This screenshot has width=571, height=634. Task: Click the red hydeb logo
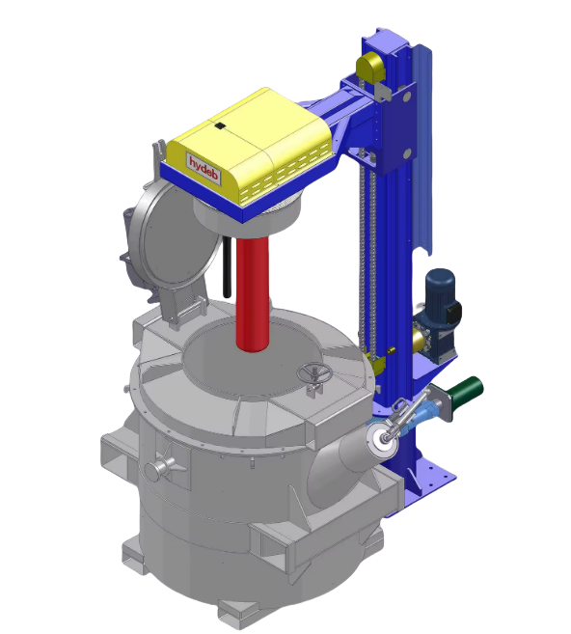click(204, 168)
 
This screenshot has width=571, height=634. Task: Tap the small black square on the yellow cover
click(219, 126)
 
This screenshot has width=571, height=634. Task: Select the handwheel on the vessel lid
click(314, 373)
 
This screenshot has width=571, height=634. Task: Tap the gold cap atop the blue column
click(370, 66)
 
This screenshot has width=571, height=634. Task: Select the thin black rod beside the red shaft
click(227, 266)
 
